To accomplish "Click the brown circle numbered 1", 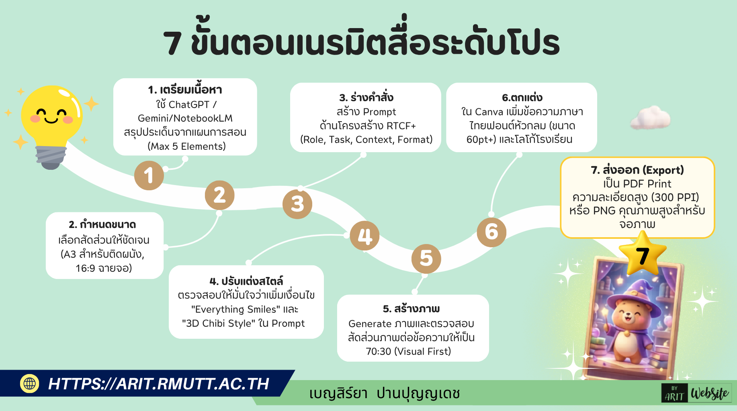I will click(x=149, y=175).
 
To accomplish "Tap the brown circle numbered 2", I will click(x=219, y=195).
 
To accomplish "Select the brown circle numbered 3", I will click(x=297, y=204).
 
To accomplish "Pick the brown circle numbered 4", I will click(x=365, y=236).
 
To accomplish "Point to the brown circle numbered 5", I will click(x=426, y=258).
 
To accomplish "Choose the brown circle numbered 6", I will click(x=491, y=232).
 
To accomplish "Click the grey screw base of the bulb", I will click(x=51, y=157).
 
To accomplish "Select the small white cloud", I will click(x=651, y=118).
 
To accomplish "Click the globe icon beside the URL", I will click(x=29, y=383).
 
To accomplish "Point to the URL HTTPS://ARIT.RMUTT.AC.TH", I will click(x=158, y=384).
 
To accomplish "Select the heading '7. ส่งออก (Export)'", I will click(x=637, y=170).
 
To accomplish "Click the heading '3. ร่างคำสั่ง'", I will click(x=366, y=98).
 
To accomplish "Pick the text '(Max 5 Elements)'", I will click(x=186, y=146).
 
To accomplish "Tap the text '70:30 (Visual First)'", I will click(x=409, y=351).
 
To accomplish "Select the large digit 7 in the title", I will click(x=172, y=43).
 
